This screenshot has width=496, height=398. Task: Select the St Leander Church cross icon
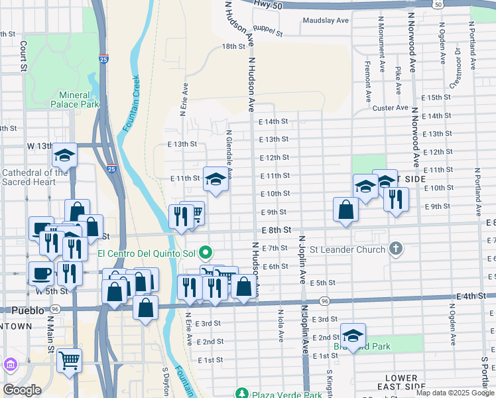pyautogui.click(x=395, y=249)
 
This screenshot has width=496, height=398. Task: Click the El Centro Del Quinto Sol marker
pyautogui.click(x=206, y=252)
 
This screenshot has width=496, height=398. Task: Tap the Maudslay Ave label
pyautogui.click(x=326, y=21)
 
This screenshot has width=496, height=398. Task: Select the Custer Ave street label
pyautogui.click(x=391, y=107)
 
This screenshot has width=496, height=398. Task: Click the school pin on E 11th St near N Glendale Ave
pyautogui.click(x=216, y=179)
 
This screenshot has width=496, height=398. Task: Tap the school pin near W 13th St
pyautogui.click(x=65, y=156)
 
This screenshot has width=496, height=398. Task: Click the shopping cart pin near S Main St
pyautogui.click(x=69, y=361)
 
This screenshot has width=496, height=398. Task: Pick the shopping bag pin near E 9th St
pyautogui.click(x=346, y=210)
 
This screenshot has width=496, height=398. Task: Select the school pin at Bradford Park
pyautogui.click(x=353, y=336)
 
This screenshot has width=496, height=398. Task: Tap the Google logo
pyautogui.click(x=22, y=390)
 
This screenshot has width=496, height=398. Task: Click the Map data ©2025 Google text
pyautogui.click(x=454, y=393)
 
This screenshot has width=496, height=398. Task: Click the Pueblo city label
pyautogui.click(x=29, y=310)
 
